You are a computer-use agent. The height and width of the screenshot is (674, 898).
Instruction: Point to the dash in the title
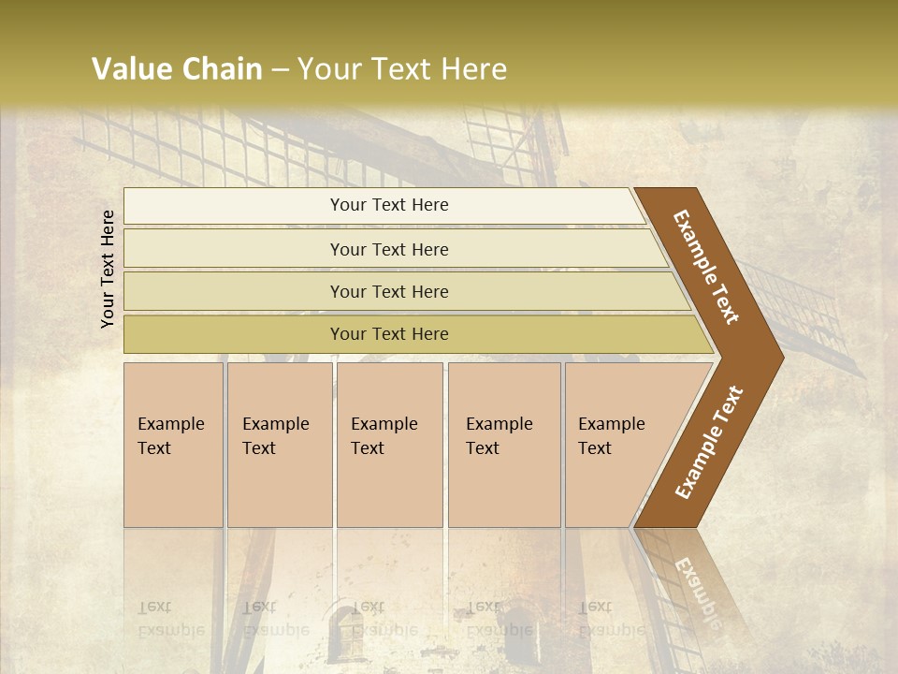(x=280, y=70)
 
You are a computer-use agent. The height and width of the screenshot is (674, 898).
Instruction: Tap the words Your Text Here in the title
(x=402, y=69)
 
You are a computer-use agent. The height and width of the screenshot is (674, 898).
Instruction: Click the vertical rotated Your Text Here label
(x=108, y=270)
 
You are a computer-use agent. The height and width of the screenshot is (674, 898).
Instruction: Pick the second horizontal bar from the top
(x=389, y=249)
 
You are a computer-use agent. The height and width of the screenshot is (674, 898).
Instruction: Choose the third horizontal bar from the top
(x=389, y=291)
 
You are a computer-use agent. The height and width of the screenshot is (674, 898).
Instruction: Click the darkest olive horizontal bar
(x=389, y=334)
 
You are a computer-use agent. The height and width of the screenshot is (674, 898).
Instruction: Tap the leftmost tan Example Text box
(x=173, y=445)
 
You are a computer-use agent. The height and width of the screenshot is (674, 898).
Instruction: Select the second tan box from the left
(x=279, y=445)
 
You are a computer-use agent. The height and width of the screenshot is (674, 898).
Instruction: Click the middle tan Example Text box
(x=389, y=445)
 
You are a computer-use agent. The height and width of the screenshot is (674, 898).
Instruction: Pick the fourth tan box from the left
(x=503, y=445)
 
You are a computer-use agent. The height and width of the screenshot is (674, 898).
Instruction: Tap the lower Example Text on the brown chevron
(x=709, y=442)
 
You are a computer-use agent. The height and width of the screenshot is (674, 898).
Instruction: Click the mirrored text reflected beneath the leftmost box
(x=170, y=618)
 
